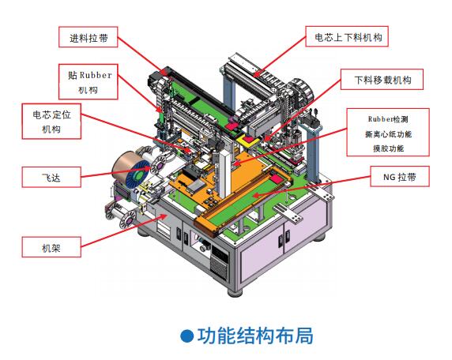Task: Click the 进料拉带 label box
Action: coord(89,37)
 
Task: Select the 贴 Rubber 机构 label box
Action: coord(89,82)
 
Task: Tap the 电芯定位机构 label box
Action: coord(51,122)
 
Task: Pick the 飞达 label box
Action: coord(51,177)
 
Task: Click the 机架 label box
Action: coord(51,247)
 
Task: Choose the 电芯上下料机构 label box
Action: coord(347,36)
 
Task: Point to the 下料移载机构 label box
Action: coord(382,79)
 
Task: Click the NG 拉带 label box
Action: coord(400,176)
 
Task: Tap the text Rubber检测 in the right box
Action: coord(388,119)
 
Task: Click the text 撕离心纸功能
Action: coord(388,134)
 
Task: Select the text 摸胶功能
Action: coord(388,148)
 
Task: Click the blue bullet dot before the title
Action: coord(186,336)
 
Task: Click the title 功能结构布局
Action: coord(255,336)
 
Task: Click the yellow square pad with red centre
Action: coord(248,140)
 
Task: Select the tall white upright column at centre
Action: coord(224,176)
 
